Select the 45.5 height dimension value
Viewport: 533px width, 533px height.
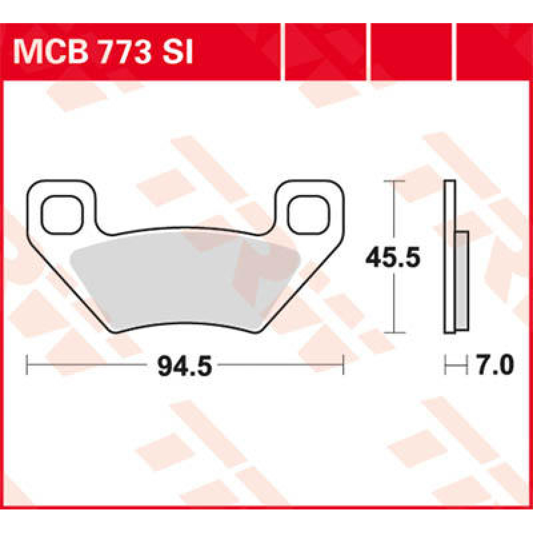[x=393, y=258]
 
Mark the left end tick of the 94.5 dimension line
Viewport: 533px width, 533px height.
[x=28, y=365]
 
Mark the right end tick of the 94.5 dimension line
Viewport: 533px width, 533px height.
[x=343, y=365]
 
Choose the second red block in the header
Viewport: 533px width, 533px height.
[x=325, y=52]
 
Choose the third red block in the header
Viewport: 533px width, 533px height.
[x=411, y=52]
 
